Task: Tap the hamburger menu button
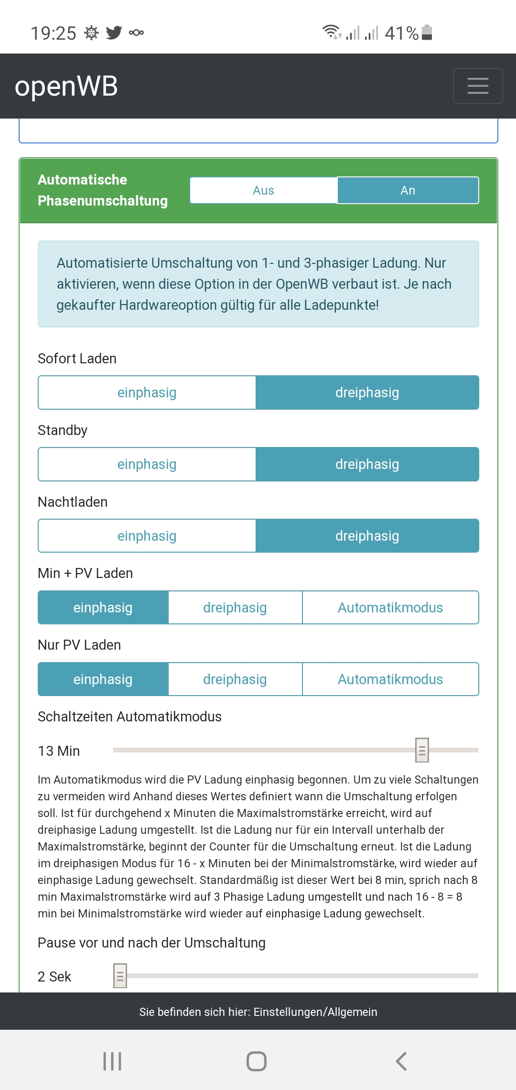coord(477,86)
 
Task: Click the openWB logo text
coord(66,87)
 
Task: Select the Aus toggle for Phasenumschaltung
coord(263,190)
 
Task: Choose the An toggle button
coord(408,190)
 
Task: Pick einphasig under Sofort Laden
coord(147,392)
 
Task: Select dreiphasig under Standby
coord(367,464)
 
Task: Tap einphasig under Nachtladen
coord(147,536)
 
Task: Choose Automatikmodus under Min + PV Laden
coord(390,608)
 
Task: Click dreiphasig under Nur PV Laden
coord(235,679)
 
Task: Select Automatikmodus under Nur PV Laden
coord(390,679)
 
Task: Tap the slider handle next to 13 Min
coord(422,750)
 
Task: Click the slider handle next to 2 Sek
coord(120,976)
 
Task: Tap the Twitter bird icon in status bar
coord(114,33)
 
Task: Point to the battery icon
coord(427,33)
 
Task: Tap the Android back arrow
coord(401,1061)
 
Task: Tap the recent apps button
coord(112,1061)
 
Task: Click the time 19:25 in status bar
coord(53,33)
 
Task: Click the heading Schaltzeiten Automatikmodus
coord(129,717)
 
